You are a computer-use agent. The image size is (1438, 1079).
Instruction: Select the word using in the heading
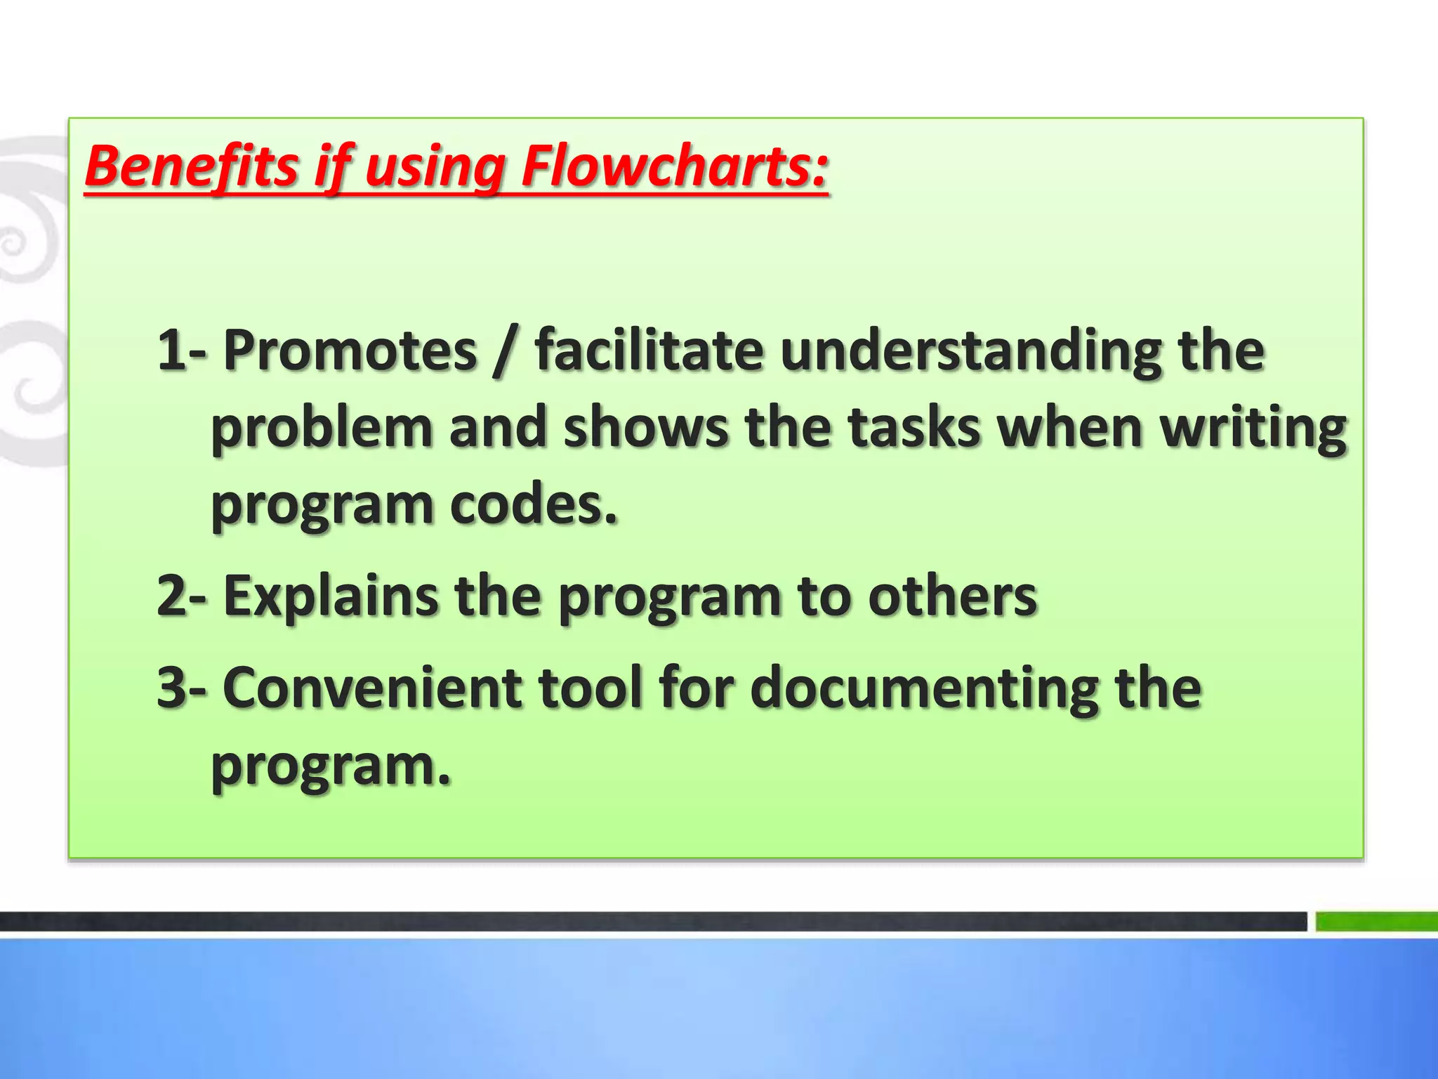[435, 169]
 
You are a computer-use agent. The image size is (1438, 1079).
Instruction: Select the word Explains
[330, 596]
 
